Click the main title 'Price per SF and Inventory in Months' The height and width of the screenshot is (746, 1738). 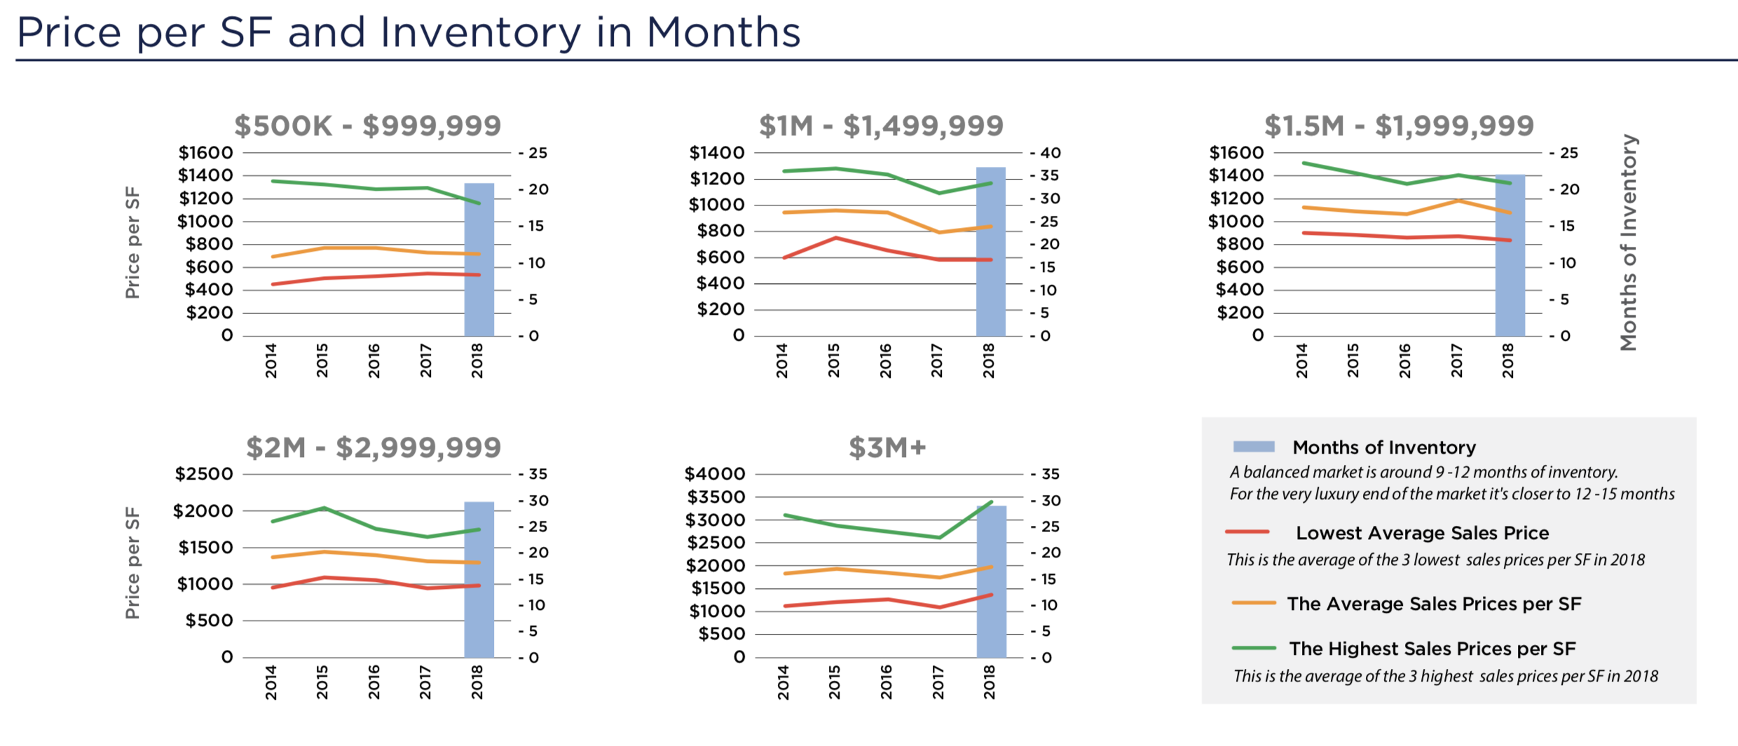tap(408, 32)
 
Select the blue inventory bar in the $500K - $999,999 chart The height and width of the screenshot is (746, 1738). tap(479, 260)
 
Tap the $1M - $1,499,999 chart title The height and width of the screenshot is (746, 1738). tap(881, 126)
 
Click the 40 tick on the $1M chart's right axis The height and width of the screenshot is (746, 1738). tap(1049, 153)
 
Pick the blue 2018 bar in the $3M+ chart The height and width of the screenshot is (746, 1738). tap(991, 581)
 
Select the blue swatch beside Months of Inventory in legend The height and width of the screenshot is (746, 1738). tap(1253, 447)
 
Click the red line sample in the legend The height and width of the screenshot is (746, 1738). tap(1247, 532)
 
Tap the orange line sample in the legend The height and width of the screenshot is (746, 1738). tap(1253, 603)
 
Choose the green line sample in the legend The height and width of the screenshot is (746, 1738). tap(1253, 648)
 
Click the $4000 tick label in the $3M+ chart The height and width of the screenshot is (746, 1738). tap(714, 474)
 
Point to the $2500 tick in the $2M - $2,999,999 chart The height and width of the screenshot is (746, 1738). tap(203, 474)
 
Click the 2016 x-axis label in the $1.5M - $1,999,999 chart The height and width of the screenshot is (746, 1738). tap(1404, 360)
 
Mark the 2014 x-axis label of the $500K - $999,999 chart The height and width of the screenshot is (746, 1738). tap(271, 360)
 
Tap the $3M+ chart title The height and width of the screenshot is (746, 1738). tap(887, 447)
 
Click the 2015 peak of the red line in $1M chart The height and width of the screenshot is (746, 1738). tap(835, 238)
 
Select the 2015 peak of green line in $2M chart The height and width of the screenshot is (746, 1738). tap(324, 508)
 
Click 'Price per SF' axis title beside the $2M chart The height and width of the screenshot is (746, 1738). tap(132, 563)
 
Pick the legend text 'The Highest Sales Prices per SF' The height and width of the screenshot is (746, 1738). tap(1432, 649)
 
